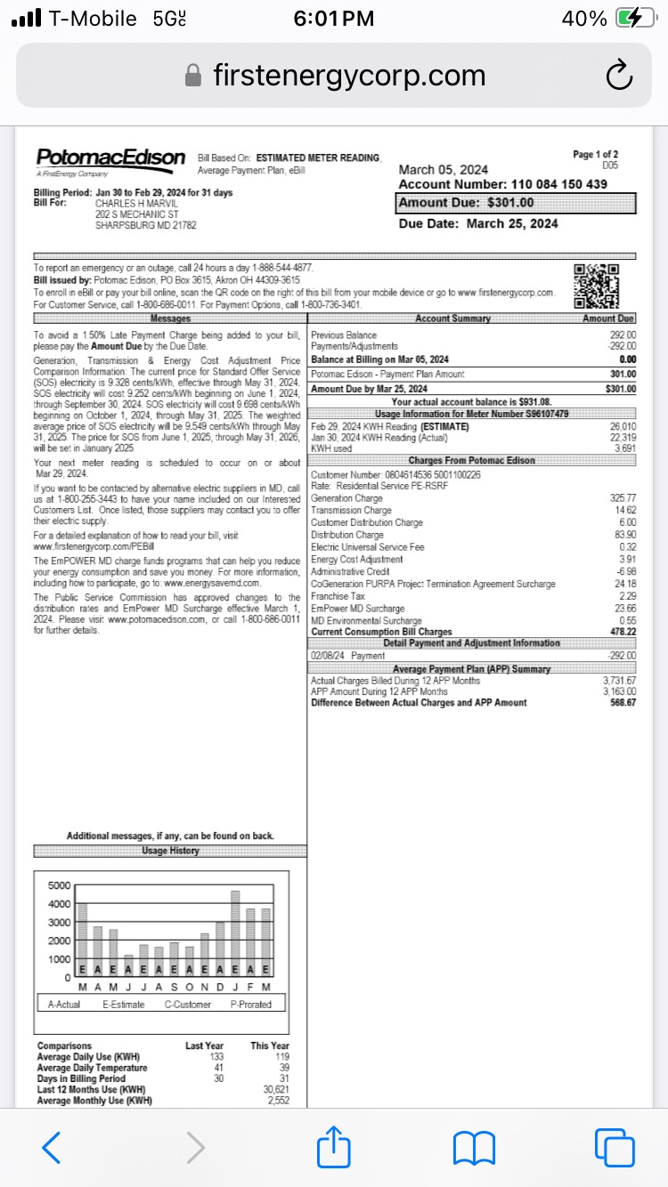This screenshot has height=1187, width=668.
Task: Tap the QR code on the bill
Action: [596, 286]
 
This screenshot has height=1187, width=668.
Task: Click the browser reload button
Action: [618, 77]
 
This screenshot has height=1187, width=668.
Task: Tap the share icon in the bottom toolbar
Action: [334, 1147]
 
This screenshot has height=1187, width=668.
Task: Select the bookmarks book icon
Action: [474, 1147]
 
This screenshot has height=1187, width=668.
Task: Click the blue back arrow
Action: [53, 1147]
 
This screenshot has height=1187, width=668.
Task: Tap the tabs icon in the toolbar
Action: [613, 1147]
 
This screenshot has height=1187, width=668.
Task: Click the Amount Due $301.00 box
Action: [517, 203]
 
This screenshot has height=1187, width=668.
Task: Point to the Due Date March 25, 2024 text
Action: [478, 223]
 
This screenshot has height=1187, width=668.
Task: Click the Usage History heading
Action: [170, 851]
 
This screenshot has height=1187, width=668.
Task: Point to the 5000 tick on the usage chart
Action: [58, 885]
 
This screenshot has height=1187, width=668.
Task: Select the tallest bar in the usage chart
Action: [235, 932]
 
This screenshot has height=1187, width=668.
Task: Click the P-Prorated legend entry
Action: [250, 1004]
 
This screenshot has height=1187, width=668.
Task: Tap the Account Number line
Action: [503, 184]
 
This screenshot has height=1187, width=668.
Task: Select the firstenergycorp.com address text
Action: [349, 76]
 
